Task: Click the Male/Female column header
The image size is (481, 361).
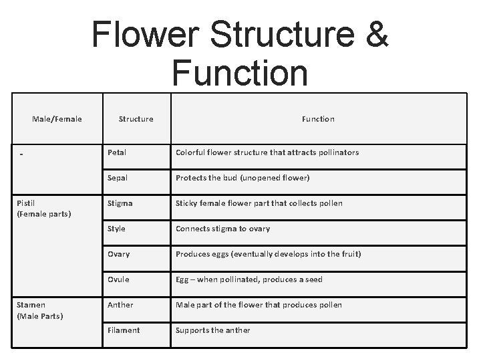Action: (57, 119)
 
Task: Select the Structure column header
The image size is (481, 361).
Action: (136, 119)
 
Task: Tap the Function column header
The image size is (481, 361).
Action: (318, 119)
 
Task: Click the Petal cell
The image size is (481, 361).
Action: (117, 152)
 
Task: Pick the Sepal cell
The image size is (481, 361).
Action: (118, 178)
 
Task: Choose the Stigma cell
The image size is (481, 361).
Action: (120, 203)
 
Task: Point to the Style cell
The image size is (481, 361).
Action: (117, 229)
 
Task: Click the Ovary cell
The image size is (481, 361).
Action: (119, 254)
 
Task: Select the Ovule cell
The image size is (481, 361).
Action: (118, 279)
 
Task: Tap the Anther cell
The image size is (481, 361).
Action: (120, 305)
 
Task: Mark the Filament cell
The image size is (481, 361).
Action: (124, 330)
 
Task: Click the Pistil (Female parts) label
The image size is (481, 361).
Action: (44, 209)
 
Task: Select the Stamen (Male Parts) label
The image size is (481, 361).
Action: (40, 310)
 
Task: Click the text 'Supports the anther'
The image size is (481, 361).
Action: (212, 330)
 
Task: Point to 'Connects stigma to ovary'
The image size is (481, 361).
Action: (222, 229)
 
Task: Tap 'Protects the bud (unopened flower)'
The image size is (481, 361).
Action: (243, 178)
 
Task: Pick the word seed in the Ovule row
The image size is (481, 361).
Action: (313, 279)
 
